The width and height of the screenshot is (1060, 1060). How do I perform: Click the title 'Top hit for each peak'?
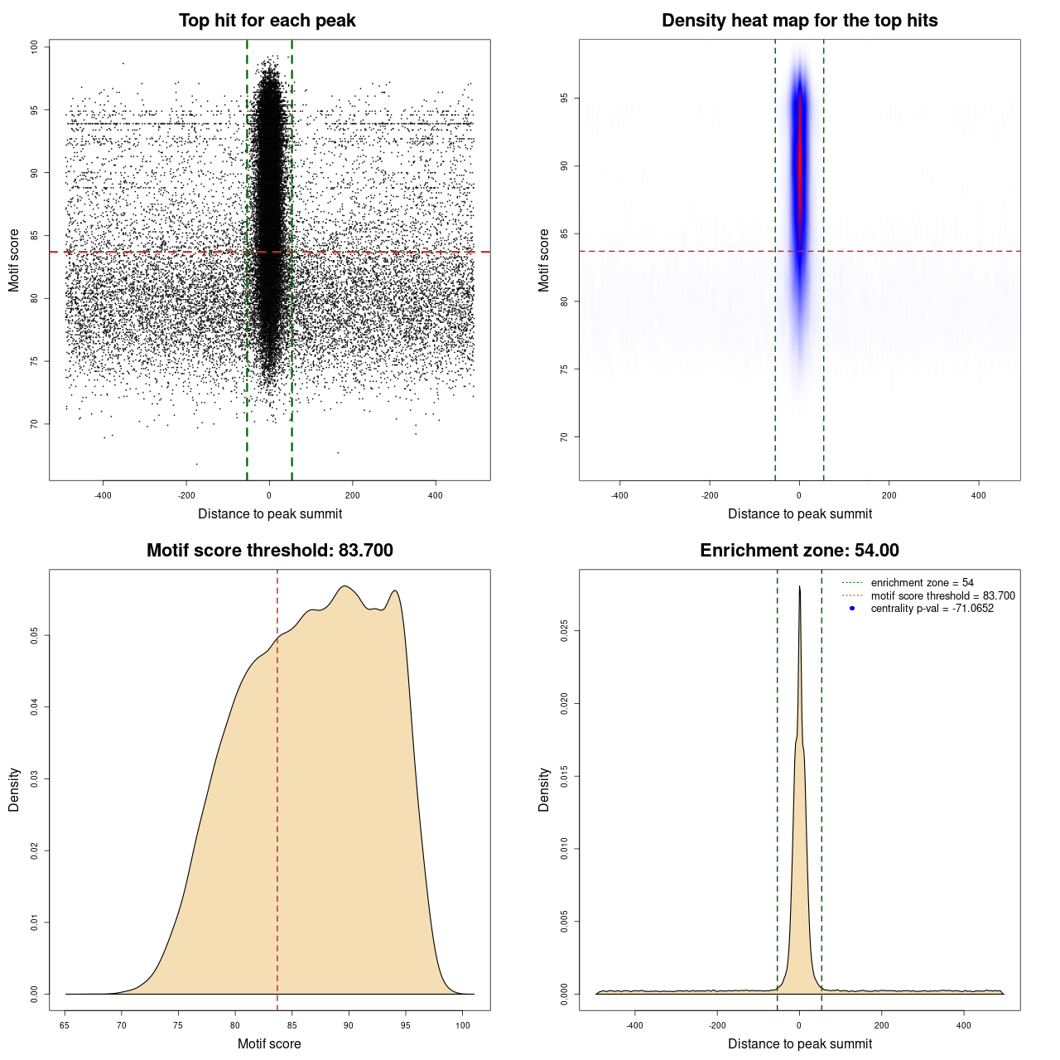coord(267,21)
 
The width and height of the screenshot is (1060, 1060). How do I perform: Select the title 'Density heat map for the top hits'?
coord(799,21)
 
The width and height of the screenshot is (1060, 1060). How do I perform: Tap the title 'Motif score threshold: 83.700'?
coord(269,551)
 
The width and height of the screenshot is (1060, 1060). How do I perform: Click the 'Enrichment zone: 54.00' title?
coord(799,551)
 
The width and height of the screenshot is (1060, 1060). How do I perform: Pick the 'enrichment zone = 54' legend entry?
coord(922,583)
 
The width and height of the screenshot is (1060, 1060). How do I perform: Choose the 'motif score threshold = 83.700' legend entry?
coord(942,595)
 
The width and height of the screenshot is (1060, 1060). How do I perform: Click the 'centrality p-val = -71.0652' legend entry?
coord(932,609)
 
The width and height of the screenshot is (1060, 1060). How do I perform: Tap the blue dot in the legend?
coord(852,609)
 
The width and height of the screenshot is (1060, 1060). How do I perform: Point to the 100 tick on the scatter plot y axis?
coord(35,47)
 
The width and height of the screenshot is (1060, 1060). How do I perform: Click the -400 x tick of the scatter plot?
coord(103,495)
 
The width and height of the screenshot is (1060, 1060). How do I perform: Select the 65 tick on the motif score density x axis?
coord(65,1025)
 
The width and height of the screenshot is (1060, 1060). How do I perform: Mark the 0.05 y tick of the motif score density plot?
coord(35,635)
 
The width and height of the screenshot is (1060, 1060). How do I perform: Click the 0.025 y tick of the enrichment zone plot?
coord(565,631)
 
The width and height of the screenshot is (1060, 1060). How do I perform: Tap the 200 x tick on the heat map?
coord(889,495)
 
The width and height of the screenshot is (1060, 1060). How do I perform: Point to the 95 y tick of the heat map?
coord(565,99)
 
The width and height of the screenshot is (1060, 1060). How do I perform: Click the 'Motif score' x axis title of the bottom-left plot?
coord(269,1043)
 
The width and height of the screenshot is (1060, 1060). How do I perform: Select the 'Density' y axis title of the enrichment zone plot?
coord(544,789)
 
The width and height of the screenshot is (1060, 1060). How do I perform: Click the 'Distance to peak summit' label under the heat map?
coord(799,513)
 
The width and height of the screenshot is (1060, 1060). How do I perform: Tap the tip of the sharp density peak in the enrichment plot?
coord(799,587)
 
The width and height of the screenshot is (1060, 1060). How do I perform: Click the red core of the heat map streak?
coord(799,166)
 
